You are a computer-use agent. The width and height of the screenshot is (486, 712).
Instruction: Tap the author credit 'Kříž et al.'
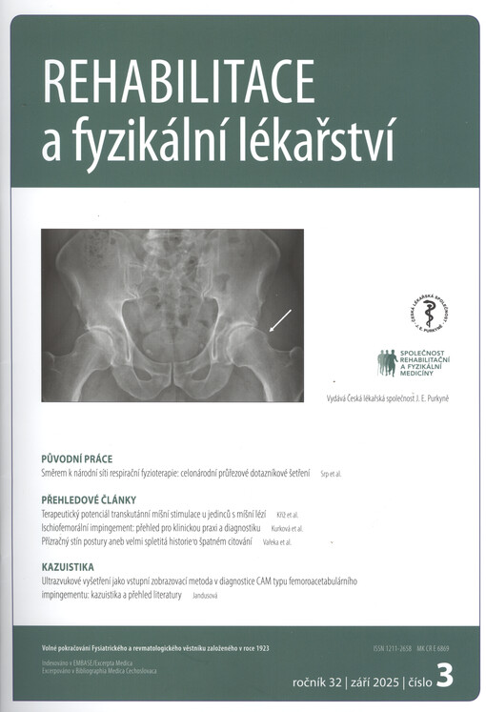[287, 515]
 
